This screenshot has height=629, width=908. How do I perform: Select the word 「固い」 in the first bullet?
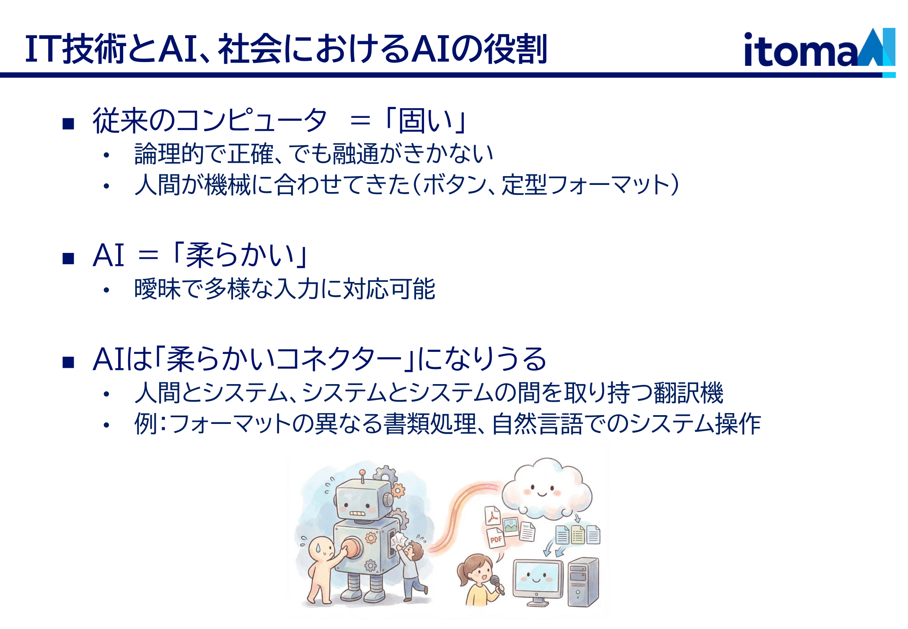pyautogui.click(x=425, y=121)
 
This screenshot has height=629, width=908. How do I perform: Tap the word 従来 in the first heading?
pyautogui.click(x=120, y=121)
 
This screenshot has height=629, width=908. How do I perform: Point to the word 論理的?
pyautogui.click(x=169, y=154)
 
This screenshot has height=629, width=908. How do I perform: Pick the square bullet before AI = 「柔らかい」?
pyautogui.click(x=68, y=258)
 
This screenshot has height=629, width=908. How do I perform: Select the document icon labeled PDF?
pyautogui.click(x=496, y=538)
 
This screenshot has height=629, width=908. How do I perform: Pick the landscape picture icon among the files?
pyautogui.click(x=511, y=526)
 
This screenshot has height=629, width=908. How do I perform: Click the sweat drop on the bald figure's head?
pyautogui.click(x=318, y=548)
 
